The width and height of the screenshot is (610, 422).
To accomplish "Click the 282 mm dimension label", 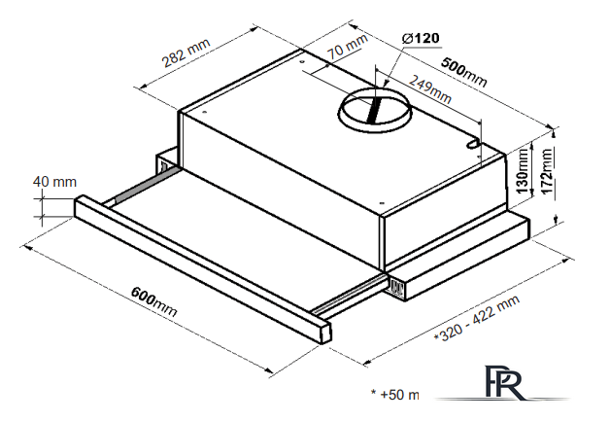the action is click(186, 53).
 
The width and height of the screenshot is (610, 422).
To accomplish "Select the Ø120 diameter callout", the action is click(422, 38).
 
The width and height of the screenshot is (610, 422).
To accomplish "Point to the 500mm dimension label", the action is click(463, 72).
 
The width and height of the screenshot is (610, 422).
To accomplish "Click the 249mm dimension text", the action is click(429, 89).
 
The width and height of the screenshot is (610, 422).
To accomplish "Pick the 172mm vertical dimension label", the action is click(546, 171).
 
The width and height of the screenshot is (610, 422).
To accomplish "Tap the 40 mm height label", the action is click(54, 182).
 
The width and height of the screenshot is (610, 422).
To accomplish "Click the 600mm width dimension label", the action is click(154, 301).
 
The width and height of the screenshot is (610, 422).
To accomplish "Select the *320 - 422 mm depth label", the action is click(477, 319).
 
